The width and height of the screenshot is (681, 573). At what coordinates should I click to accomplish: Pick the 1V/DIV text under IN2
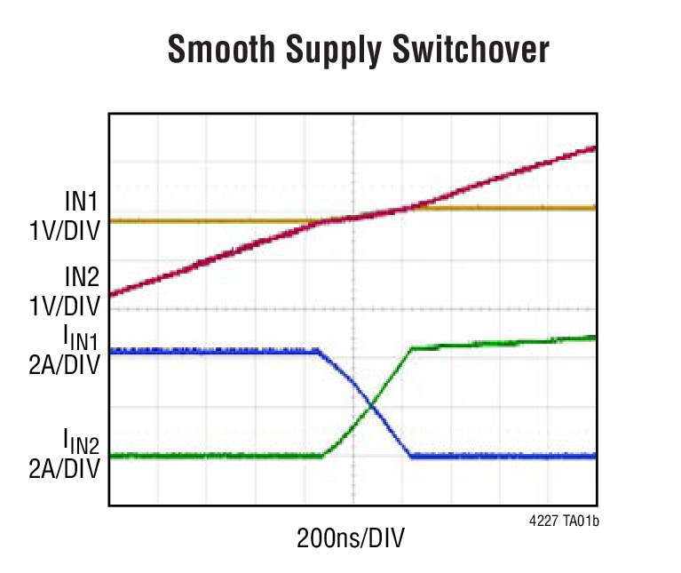[x=64, y=306]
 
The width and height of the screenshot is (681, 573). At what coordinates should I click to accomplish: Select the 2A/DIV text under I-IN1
[x=64, y=365]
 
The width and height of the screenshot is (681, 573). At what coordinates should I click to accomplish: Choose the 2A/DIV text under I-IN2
[x=64, y=468]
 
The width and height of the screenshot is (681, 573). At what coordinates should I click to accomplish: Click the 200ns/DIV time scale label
[x=353, y=538]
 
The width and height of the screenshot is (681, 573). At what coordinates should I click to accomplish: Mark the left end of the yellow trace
[x=111, y=219]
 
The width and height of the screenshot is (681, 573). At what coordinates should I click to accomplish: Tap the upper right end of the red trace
[x=593, y=148]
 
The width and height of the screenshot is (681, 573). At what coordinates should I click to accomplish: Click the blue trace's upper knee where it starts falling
[x=318, y=353]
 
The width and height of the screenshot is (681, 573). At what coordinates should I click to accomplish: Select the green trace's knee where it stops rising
[x=411, y=348]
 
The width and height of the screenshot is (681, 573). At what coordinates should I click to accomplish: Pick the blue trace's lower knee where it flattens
[x=410, y=456]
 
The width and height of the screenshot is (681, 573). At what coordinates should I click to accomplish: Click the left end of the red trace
[x=111, y=294]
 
